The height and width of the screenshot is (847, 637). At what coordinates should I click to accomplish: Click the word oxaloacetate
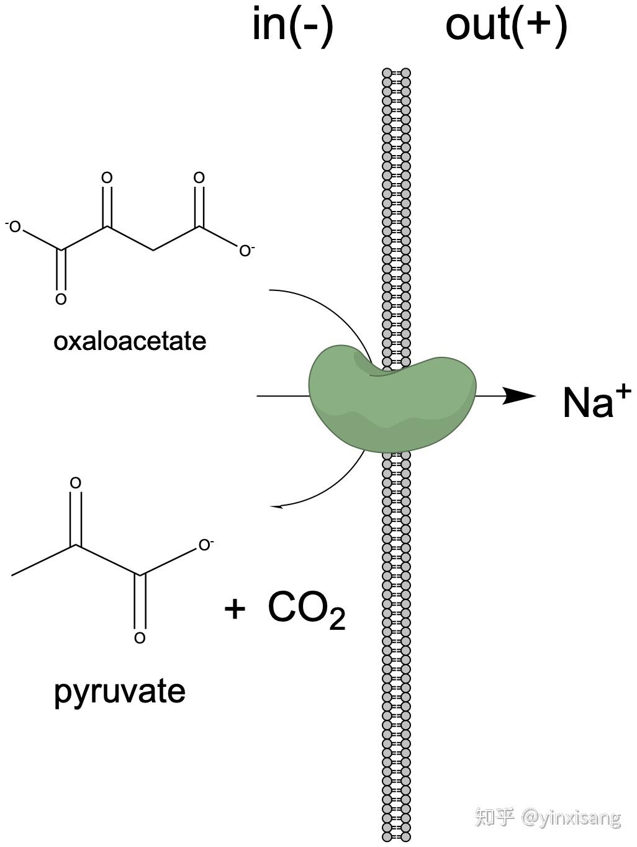click(x=130, y=341)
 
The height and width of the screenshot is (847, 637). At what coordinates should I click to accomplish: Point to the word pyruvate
click(x=120, y=691)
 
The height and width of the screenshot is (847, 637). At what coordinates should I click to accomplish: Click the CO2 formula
click(x=306, y=609)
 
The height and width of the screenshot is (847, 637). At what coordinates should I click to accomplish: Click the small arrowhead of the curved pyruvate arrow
click(x=276, y=506)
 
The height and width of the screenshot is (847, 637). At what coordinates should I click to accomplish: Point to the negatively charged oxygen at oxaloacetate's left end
click(x=14, y=227)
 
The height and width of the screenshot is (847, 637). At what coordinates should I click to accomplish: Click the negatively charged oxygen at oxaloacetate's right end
click(x=246, y=251)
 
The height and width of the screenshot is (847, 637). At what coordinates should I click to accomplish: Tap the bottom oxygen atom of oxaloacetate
click(x=61, y=300)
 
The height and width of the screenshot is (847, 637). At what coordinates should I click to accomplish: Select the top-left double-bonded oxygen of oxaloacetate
click(x=107, y=178)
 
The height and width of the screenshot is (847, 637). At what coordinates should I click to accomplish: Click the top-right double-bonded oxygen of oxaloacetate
click(x=199, y=178)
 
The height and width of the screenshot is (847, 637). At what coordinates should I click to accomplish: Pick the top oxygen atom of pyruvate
click(x=76, y=483)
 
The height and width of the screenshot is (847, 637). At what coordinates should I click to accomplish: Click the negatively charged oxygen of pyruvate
click(x=204, y=546)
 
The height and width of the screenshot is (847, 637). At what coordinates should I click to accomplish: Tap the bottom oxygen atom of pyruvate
click(x=140, y=638)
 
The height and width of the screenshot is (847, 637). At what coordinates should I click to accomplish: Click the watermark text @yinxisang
click(x=571, y=818)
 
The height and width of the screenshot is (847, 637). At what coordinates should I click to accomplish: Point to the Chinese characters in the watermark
click(x=495, y=817)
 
